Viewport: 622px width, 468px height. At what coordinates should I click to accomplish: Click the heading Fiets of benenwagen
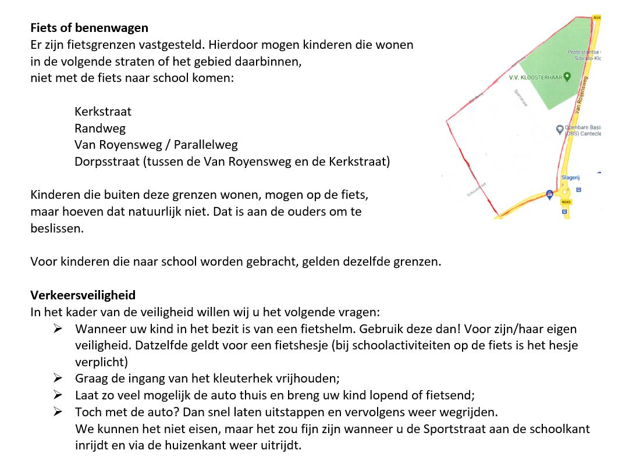89,27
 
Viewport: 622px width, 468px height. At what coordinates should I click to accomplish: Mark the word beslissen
56,228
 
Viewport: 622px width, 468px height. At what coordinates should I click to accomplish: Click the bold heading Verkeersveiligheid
83,295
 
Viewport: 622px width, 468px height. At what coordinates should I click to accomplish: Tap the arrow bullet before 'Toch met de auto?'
58,412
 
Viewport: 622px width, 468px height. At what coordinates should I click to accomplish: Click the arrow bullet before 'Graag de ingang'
58,378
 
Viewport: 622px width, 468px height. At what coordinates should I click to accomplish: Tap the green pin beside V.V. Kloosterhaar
567,76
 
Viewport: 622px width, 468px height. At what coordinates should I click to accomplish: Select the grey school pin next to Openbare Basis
560,129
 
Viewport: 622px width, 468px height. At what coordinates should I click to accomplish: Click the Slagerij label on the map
571,177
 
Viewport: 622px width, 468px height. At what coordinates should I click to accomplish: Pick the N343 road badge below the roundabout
565,202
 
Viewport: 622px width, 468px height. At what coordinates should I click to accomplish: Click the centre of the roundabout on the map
564,191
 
